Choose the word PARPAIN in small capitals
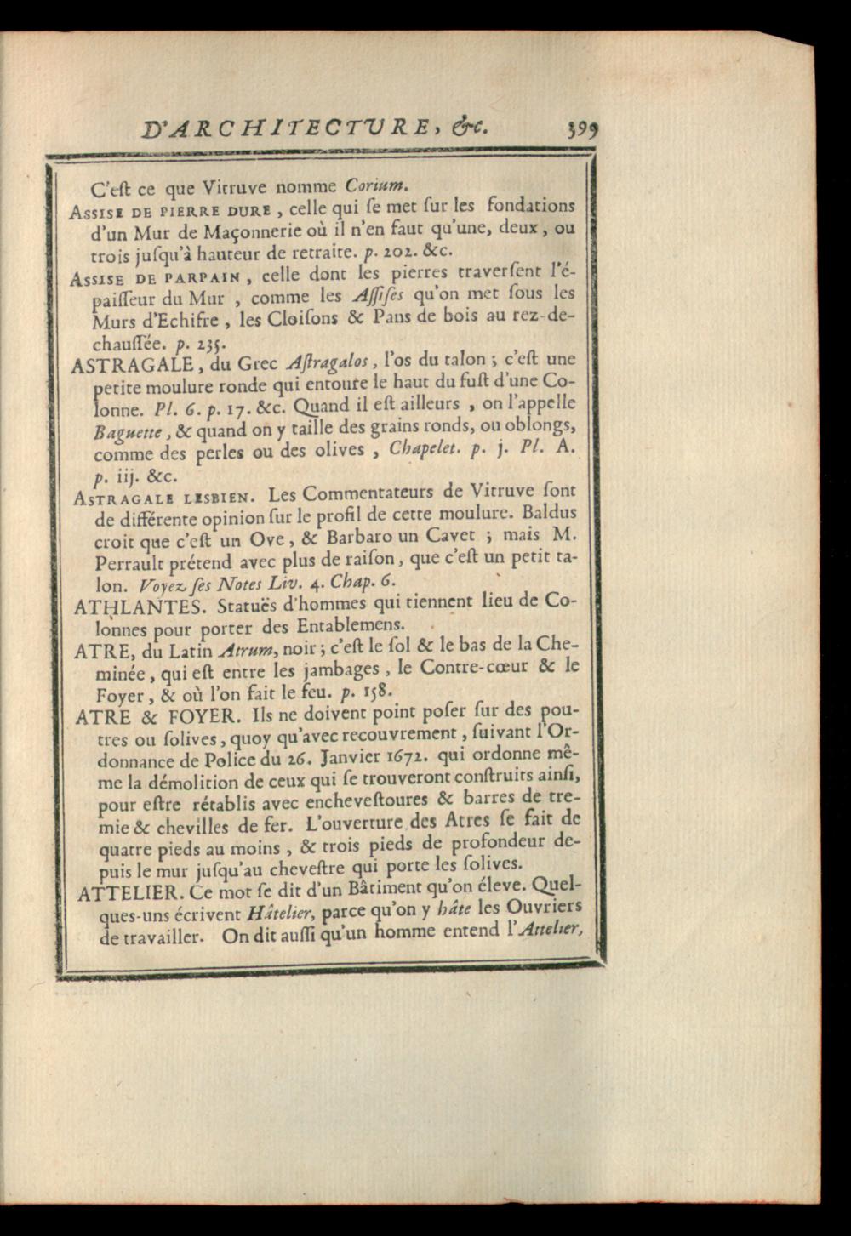tap(199, 277)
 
